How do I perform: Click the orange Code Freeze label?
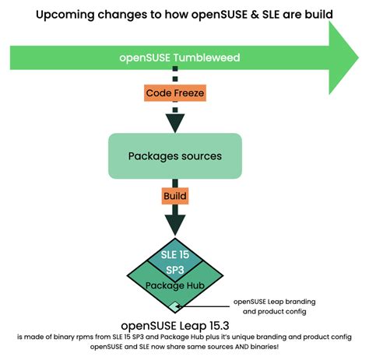click(x=175, y=94)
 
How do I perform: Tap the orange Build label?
click(x=175, y=197)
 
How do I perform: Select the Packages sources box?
click(x=175, y=156)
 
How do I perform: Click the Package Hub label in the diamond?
click(x=175, y=285)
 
